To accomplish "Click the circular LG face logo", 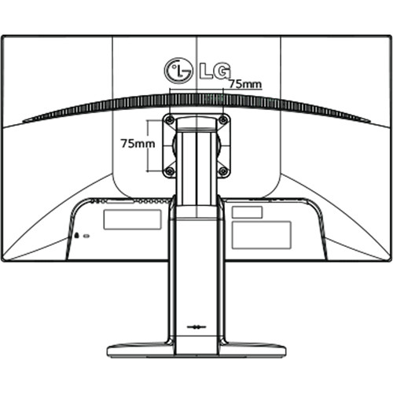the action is point(178,71).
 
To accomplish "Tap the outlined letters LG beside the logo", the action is point(215,71).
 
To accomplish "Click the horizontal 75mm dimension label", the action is point(245,84).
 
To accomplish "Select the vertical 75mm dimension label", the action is point(138,144).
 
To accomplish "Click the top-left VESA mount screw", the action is point(170,120).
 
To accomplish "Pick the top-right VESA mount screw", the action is point(223,120).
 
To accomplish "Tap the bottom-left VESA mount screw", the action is point(170,171).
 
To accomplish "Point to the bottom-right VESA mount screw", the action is point(223,171).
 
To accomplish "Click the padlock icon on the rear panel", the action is point(77,235).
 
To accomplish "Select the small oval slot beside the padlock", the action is point(86,236).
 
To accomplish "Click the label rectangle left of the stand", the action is point(132,219).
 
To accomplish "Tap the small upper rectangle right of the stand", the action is point(247,212).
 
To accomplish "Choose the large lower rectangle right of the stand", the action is point(261,235).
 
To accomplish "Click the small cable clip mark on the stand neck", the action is point(196,327).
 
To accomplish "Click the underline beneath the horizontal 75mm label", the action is point(246,90).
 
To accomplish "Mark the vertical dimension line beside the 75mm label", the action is point(149,145).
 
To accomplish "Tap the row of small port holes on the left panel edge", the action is point(152,201).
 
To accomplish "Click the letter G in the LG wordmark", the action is point(222,71).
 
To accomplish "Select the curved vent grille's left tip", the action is point(23,121).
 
